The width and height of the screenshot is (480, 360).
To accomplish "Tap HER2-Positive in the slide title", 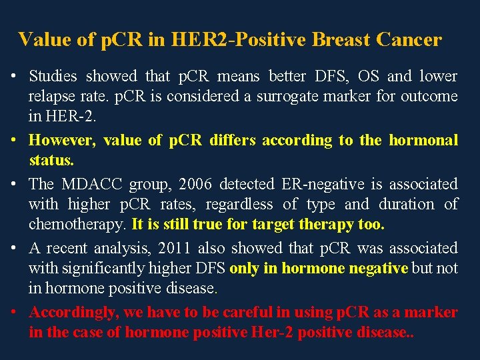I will [230, 40].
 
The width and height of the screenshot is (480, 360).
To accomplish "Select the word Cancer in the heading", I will [409, 40].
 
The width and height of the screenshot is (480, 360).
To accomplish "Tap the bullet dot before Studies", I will [15, 77].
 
